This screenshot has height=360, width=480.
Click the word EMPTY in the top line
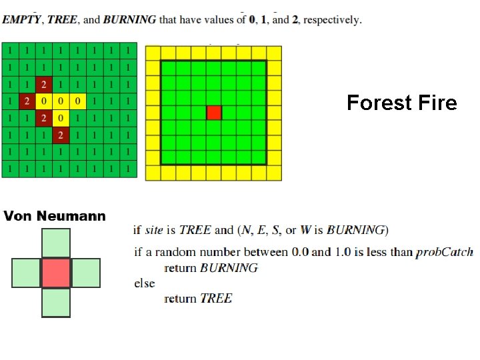(20, 19)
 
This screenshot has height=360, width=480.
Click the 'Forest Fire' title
(402, 103)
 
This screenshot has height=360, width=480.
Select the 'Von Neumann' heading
(55, 216)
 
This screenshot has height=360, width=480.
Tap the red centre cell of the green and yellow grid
(213, 113)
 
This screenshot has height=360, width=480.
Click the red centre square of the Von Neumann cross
(56, 273)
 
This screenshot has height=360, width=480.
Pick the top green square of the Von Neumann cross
(56, 243)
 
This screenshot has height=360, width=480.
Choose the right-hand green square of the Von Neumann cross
(86, 273)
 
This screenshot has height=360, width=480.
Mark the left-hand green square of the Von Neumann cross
(26, 273)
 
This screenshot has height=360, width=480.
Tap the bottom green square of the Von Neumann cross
(56, 303)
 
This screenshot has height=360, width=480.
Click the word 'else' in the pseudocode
(145, 283)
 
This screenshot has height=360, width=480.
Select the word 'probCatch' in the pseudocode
(444, 252)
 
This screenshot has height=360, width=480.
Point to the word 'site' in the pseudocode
(154, 230)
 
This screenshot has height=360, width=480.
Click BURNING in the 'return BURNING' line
(229, 268)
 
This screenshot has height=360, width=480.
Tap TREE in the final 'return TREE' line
(216, 299)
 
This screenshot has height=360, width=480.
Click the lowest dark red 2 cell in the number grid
(61, 135)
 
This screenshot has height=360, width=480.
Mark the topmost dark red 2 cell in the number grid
(44, 85)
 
